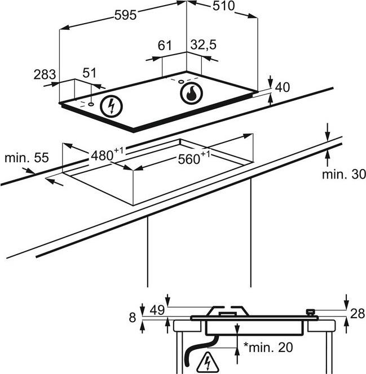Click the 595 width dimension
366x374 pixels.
125,15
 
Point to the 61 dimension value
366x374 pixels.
164,46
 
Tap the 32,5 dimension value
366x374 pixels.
203,45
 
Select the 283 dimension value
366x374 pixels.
45,74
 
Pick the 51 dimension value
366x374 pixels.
89,73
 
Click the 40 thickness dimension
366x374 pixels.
282,87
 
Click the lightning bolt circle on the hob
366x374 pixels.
111,106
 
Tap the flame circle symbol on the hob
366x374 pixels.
192,93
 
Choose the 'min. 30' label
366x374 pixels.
344,175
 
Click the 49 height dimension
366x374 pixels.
157,309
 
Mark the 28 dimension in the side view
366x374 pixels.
357,314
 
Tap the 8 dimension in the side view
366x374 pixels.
133,318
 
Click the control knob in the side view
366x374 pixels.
309,311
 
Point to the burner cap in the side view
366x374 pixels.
228,310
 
